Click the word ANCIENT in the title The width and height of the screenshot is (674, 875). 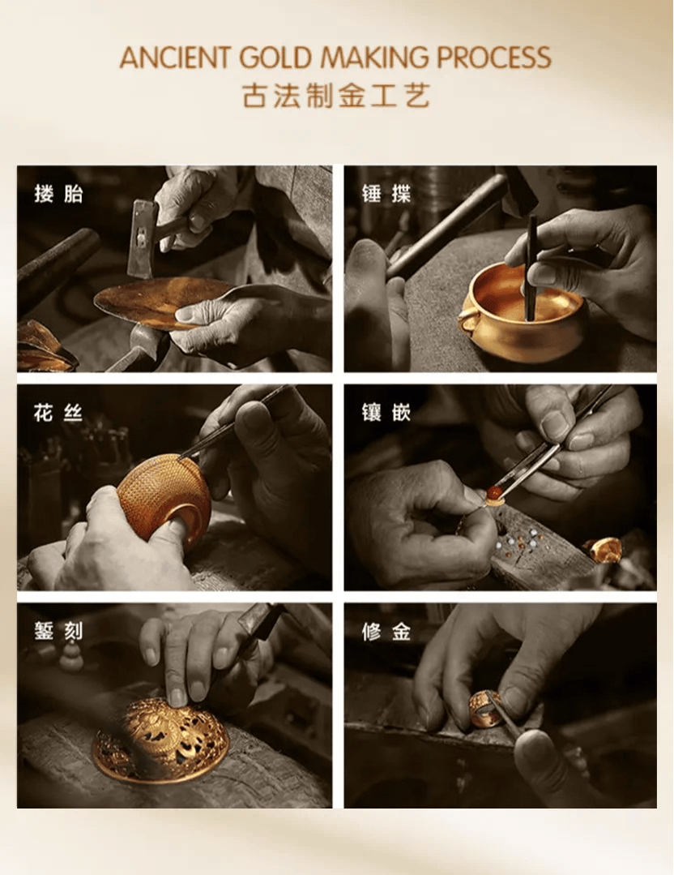point(174,58)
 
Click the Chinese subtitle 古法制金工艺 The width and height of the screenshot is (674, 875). point(336,96)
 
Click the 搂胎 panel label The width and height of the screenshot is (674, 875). point(58,194)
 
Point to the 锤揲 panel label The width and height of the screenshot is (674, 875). point(386,194)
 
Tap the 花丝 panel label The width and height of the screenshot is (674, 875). point(58,413)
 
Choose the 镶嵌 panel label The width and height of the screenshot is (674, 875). point(386,413)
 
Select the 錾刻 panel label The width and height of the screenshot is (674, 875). point(58,632)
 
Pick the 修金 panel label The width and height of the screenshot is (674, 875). point(386,632)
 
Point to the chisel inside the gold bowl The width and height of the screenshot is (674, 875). point(530,268)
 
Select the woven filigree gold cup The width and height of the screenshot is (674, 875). point(164,496)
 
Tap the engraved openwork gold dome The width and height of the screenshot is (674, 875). point(161,740)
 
